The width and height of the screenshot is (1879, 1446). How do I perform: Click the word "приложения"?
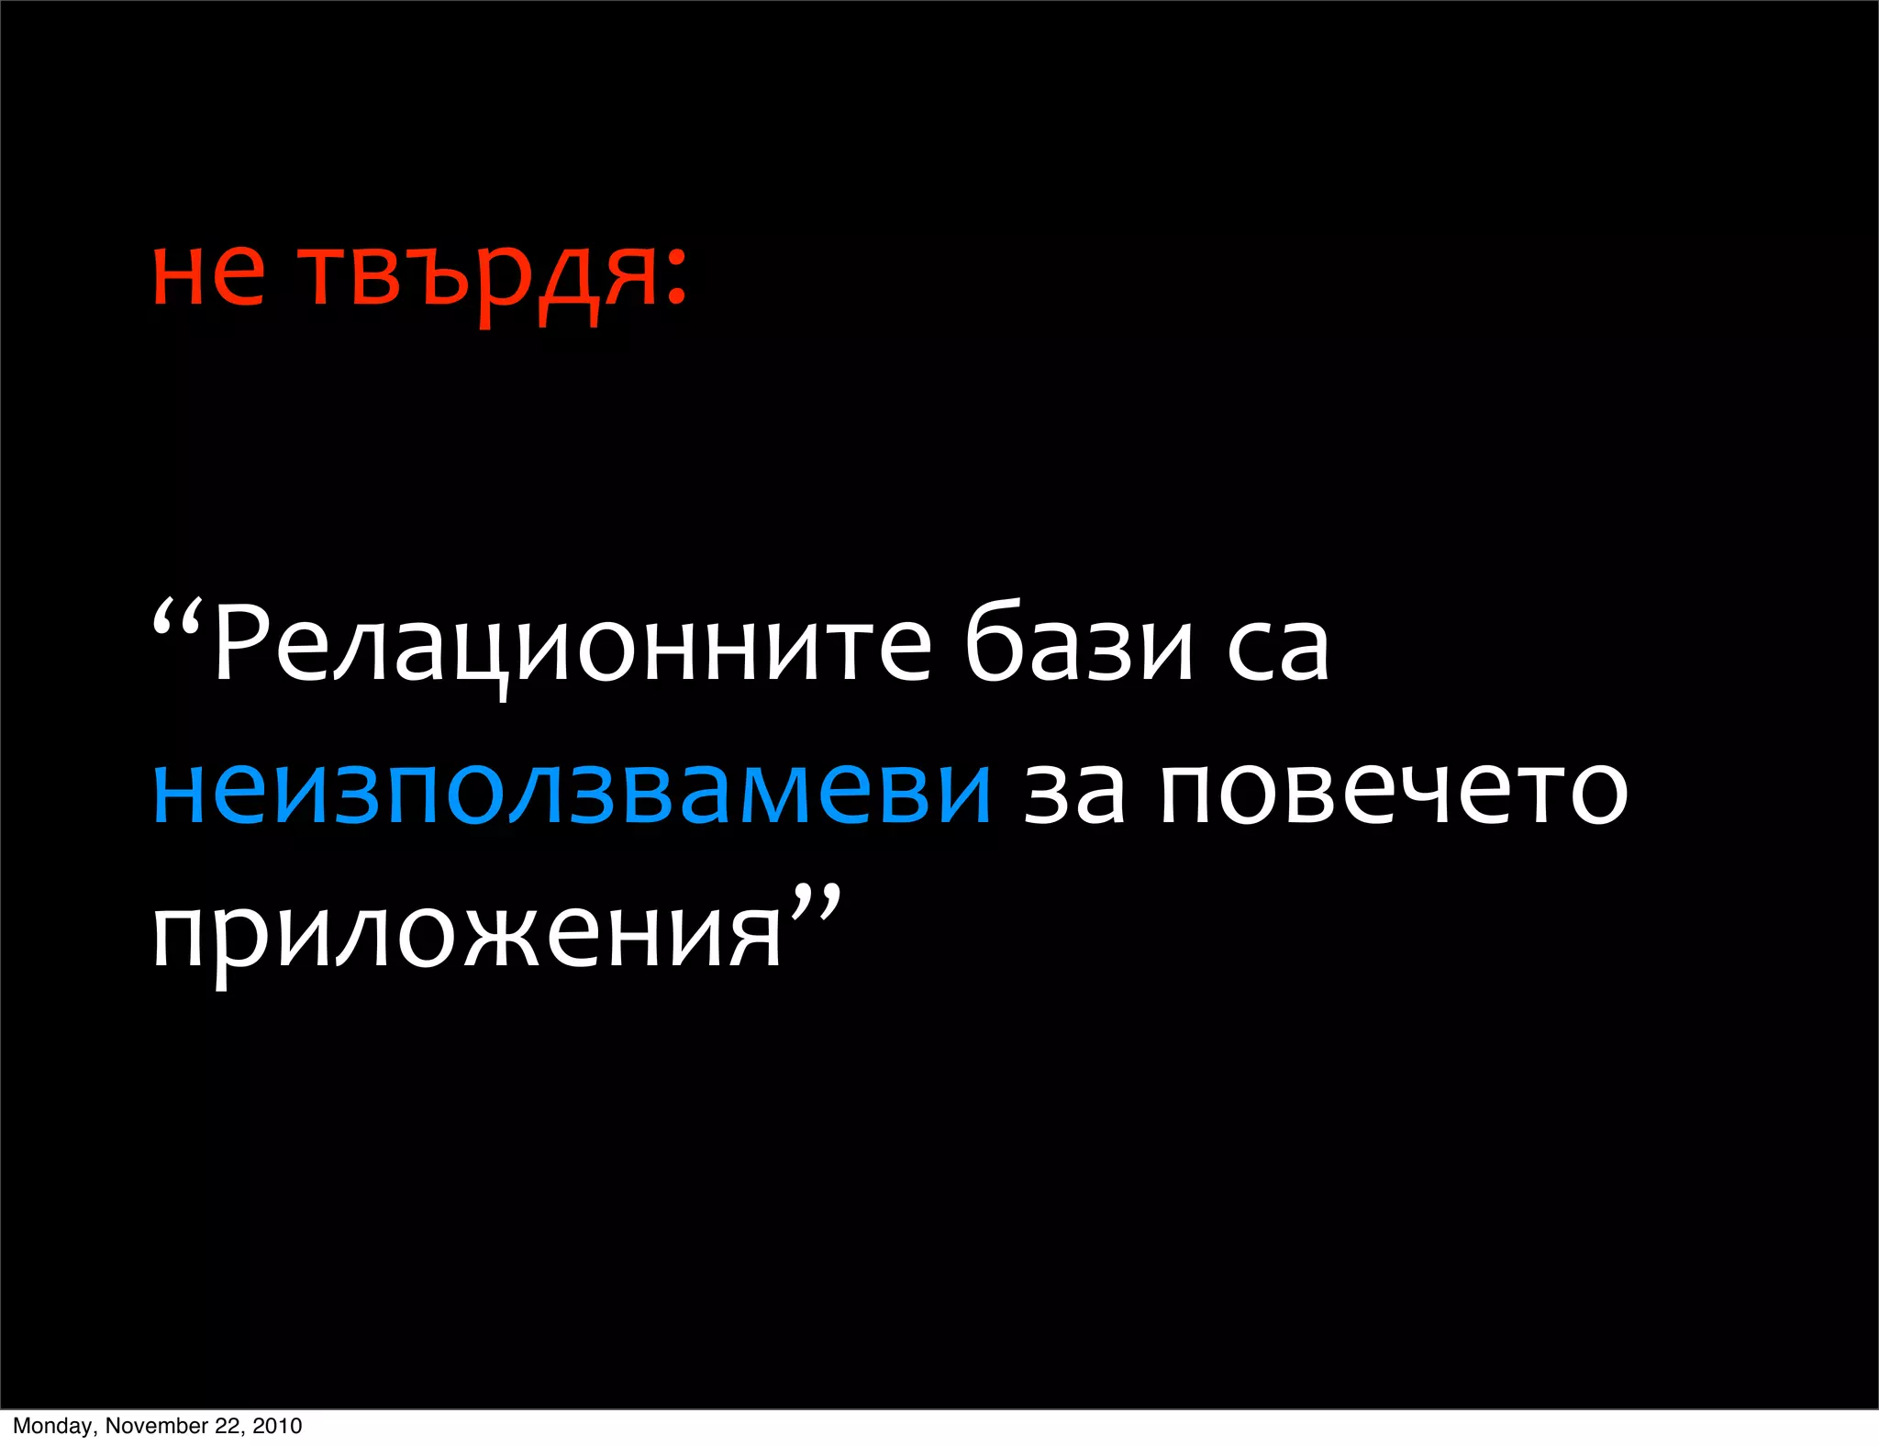tap(466, 936)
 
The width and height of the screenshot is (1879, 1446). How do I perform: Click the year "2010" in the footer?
tap(277, 1426)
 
